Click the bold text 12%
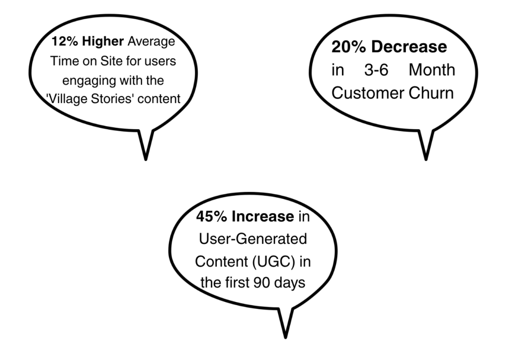pyautogui.click(x=65, y=41)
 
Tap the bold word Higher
pyautogui.click(x=103, y=41)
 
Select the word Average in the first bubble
pyautogui.click(x=151, y=42)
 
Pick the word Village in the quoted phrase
pyautogui.click(x=68, y=99)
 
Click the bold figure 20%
pyautogui.click(x=349, y=47)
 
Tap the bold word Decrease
pyautogui.click(x=409, y=47)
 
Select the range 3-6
pyautogui.click(x=376, y=70)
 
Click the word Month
pyautogui.click(x=432, y=70)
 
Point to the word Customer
pyautogui.click(x=368, y=93)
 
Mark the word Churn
pyautogui.click(x=431, y=93)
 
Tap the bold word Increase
pyautogui.click(x=263, y=217)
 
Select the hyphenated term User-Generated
pyautogui.click(x=253, y=239)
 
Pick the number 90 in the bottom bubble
pyautogui.click(x=262, y=283)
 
